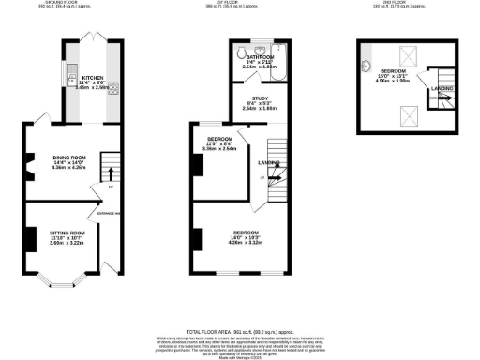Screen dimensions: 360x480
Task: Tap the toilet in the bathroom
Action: pos(242,52)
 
